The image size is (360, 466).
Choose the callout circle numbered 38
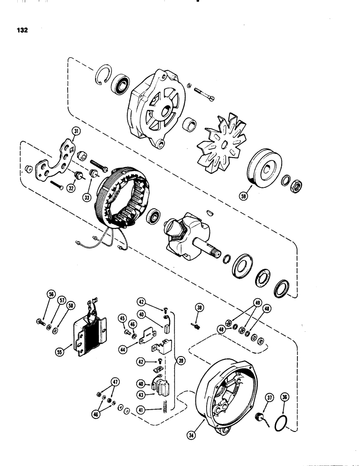[x=200, y=308]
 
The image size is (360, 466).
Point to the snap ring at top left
[x=105, y=75]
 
